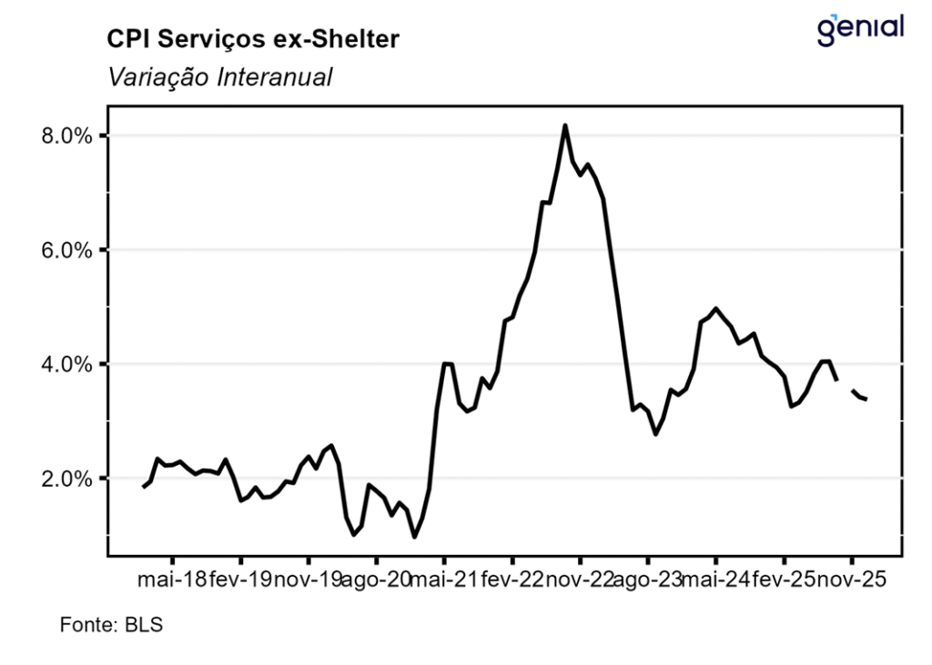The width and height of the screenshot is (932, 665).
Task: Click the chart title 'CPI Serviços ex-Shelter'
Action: tap(254, 39)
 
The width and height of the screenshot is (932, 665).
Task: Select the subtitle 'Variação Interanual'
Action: tap(218, 77)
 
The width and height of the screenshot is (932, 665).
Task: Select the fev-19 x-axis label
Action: tap(240, 579)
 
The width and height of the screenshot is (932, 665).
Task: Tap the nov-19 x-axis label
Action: tap(308, 579)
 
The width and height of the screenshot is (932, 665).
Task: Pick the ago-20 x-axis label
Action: tap(376, 579)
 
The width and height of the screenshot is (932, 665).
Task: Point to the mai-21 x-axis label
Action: tap(444, 579)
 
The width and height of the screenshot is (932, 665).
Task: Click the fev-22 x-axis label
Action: tap(512, 579)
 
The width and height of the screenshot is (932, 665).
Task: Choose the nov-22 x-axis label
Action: tap(580, 579)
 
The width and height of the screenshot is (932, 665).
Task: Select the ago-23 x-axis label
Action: tap(648, 579)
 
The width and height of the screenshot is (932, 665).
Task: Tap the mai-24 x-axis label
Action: tap(715, 579)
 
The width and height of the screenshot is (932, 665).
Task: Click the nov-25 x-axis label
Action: tap(851, 579)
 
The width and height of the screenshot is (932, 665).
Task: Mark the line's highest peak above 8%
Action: tap(565, 126)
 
